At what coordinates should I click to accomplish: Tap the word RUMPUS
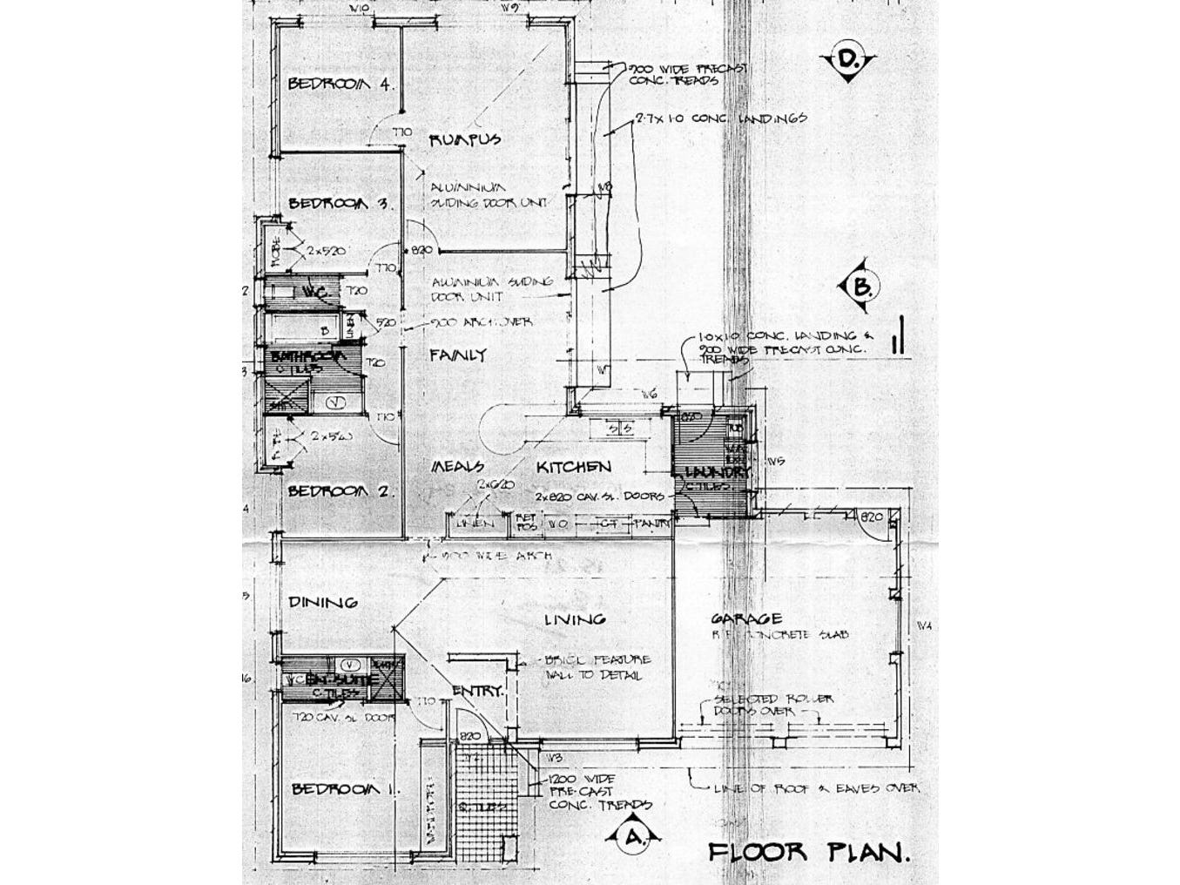464,139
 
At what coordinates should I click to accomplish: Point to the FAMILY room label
458,355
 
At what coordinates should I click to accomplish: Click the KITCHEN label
573,468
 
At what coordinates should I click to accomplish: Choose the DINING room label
323,602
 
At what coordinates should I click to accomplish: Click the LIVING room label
575,619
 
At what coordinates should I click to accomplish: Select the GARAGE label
746,619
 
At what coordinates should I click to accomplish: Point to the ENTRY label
477,691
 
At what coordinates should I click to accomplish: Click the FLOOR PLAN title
809,851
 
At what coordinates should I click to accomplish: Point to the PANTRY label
652,524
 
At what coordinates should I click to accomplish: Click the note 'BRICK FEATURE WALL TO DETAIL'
597,667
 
